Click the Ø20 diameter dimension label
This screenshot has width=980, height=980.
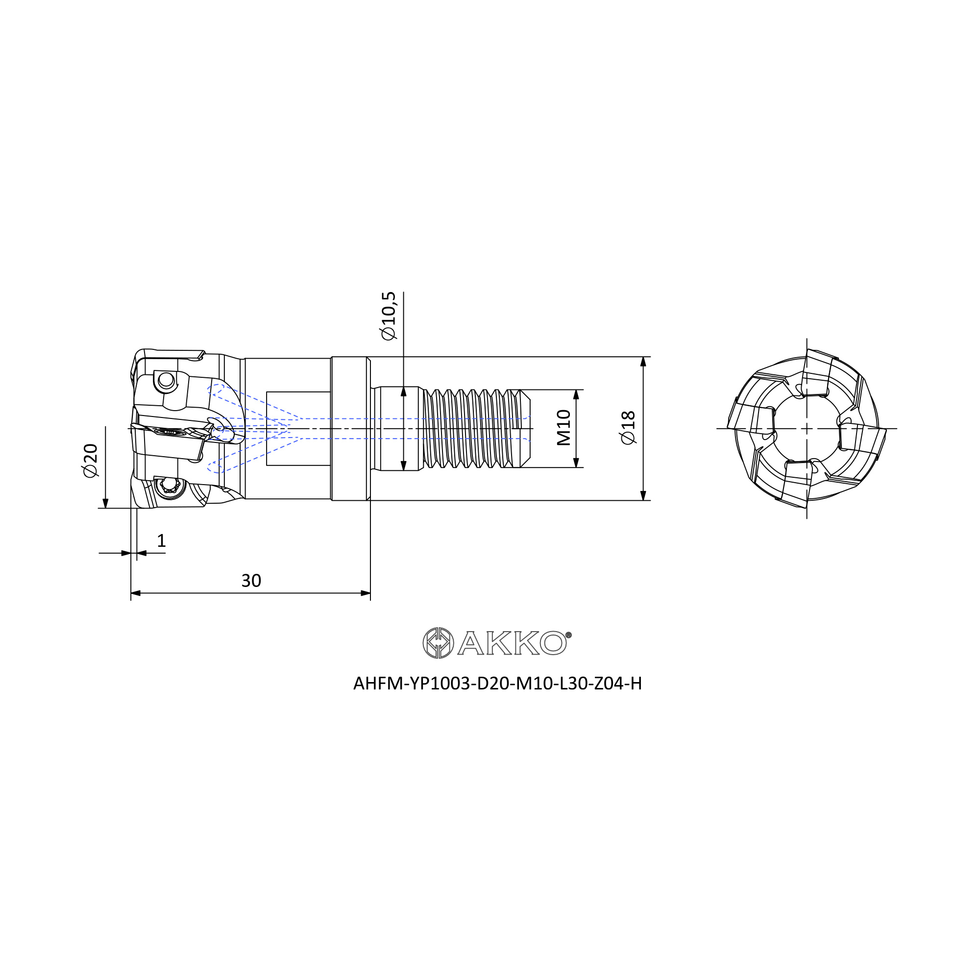coord(90,460)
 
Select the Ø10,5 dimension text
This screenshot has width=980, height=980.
coord(389,316)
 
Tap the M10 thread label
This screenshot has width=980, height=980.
coord(563,428)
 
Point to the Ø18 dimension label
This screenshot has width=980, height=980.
coord(628,428)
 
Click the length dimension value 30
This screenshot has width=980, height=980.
coord(251,581)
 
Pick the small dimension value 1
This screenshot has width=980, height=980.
coord(161,541)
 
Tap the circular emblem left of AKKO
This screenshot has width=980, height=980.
coord(438,643)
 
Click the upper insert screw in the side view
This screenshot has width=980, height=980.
coord(166,379)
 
